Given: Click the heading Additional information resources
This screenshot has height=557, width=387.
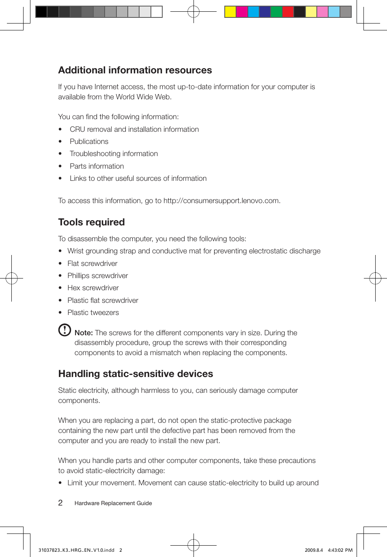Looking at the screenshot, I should pos(135,70).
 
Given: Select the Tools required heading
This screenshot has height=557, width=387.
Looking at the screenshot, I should pos(91,222).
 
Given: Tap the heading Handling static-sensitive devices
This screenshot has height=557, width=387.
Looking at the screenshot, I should pos(135,374).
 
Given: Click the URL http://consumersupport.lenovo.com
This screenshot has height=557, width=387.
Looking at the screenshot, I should pos(221,201).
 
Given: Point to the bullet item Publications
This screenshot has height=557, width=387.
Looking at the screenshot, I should pos(89,141).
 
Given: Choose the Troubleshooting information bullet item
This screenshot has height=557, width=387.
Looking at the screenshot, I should pos(114,154).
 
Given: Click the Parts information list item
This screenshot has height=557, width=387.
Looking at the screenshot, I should pos(97,166).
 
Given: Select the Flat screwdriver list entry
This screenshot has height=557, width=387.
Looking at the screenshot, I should pos(92,264).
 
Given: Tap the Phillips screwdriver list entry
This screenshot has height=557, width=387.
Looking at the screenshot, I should pos(97,276).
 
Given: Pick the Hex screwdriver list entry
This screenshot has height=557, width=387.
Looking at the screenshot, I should pos(93,288).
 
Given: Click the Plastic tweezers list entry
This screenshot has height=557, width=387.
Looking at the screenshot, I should pos(93,313).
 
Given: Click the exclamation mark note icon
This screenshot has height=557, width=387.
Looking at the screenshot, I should pos(64,330).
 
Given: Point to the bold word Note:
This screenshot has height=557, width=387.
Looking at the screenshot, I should pos(84,333).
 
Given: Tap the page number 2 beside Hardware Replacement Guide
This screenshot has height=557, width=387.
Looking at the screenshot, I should pos(60,503).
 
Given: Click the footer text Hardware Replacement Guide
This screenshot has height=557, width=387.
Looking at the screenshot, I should pos(113,503).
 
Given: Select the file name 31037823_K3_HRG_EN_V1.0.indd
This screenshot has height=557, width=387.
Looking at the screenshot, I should pos(76,550).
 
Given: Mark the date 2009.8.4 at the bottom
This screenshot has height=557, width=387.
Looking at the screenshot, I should pos(314,550).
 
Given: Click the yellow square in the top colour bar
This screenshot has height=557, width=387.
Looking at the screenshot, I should pos(230,12).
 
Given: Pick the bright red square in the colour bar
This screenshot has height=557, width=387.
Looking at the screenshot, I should pos(288,12).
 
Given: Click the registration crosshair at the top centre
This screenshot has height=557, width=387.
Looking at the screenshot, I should pos(193,12).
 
